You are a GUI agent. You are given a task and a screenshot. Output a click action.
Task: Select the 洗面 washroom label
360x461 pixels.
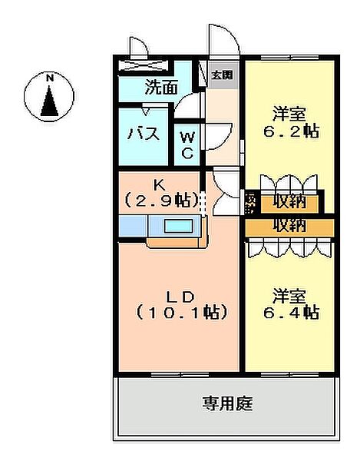(x=160, y=88)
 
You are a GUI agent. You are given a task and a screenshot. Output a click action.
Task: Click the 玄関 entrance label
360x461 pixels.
(x=223, y=75)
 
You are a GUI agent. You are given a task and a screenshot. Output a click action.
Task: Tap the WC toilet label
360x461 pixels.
(x=187, y=144)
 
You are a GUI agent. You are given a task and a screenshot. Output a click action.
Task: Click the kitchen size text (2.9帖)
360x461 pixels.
(x=161, y=200)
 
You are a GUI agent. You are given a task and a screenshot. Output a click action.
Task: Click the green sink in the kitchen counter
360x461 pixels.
(x=180, y=226)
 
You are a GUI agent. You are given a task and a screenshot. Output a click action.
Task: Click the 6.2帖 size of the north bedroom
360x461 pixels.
(x=289, y=131)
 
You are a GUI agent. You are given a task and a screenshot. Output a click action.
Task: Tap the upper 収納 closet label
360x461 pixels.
(x=289, y=204)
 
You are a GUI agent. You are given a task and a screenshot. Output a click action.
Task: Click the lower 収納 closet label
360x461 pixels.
(x=289, y=226)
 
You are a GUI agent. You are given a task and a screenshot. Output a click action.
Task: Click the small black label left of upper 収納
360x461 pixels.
(x=251, y=203)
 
